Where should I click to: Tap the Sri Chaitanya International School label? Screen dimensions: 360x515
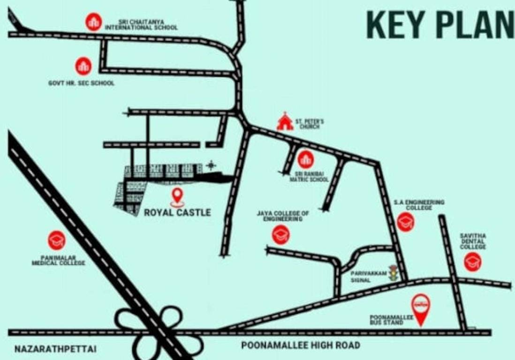(141, 24)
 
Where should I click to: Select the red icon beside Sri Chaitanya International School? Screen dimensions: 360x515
(94, 22)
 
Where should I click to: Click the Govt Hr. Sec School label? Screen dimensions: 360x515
(81, 83)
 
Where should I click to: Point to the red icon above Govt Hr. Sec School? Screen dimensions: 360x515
(83, 66)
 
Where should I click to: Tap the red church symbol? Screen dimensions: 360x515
(285, 122)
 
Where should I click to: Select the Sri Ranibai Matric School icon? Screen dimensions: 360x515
(305, 160)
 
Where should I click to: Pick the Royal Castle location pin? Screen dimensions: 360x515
(177, 197)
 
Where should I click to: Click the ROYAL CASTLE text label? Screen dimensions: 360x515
(177, 213)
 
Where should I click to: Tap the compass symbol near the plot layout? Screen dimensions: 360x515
(212, 165)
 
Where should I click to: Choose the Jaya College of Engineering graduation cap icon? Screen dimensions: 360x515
(280, 234)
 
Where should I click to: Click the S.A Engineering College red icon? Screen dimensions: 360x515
(405, 222)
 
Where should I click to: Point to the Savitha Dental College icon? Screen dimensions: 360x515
(472, 262)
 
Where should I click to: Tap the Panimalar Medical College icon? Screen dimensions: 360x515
(57, 240)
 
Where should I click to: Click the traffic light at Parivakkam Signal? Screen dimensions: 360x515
(393, 273)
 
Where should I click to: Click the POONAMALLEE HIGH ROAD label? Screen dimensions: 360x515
(301, 345)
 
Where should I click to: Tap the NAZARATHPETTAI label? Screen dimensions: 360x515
(55, 349)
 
